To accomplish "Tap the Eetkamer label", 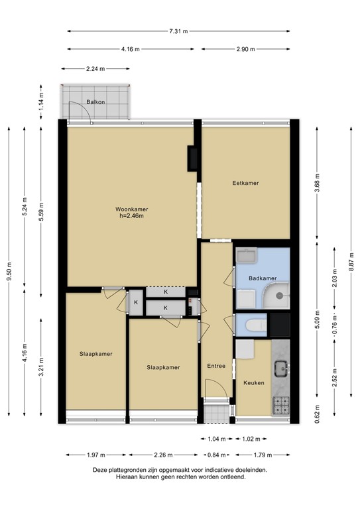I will [x=245, y=183].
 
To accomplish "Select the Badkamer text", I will [x=263, y=278].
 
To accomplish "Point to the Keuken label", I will [x=254, y=383].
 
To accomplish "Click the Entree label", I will [x=215, y=366].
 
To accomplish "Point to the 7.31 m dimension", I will [x=178, y=31].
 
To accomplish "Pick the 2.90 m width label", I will [x=245, y=49].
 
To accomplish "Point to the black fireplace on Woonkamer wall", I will [x=192, y=157].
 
